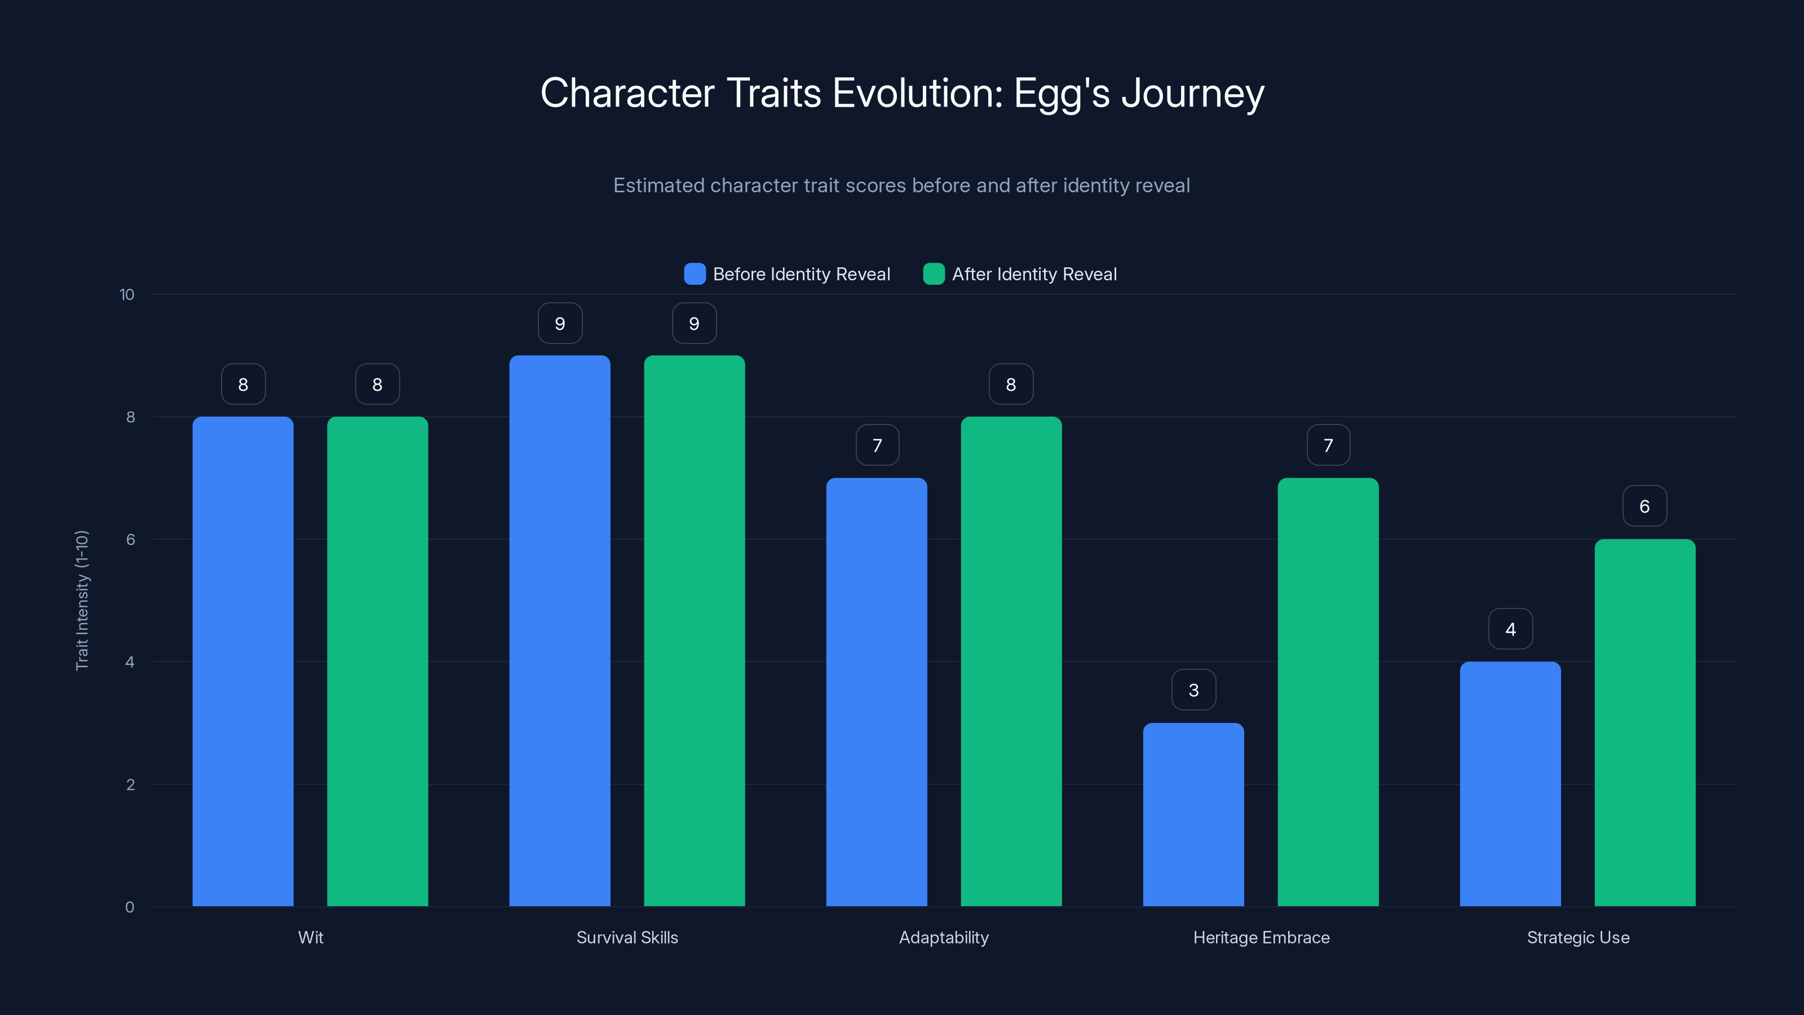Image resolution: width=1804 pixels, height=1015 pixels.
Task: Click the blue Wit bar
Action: pyautogui.click(x=242, y=661)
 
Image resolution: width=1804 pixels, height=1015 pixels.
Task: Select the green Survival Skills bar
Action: pyautogui.click(x=694, y=630)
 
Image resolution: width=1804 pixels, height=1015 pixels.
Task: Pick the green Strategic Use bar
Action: pyautogui.click(x=1644, y=722)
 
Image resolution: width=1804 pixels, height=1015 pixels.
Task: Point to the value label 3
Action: pyautogui.click(x=1193, y=690)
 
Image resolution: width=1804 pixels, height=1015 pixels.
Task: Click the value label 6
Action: pyautogui.click(x=1644, y=506)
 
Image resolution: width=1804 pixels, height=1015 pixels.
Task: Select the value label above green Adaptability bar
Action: pyautogui.click(x=1011, y=384)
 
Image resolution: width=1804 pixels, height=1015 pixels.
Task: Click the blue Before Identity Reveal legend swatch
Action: pyautogui.click(x=694, y=274)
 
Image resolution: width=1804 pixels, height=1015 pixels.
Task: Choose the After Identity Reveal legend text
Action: pyautogui.click(x=1034, y=274)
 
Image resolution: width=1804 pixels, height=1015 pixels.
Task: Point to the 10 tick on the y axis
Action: pyautogui.click(x=127, y=294)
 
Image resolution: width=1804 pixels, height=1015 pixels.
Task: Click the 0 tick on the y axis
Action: pyautogui.click(x=130, y=907)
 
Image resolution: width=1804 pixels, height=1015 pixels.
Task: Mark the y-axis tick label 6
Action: pyautogui.click(x=130, y=540)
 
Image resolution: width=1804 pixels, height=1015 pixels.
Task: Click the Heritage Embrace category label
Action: pyautogui.click(x=1261, y=937)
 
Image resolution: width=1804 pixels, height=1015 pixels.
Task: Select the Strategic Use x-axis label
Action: pyautogui.click(x=1578, y=937)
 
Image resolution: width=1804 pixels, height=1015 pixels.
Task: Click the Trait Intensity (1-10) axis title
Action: pyautogui.click(x=82, y=601)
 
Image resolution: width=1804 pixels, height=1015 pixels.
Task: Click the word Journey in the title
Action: pyautogui.click(x=1193, y=93)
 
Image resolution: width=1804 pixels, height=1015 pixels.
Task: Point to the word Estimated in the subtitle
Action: pyautogui.click(x=658, y=186)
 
